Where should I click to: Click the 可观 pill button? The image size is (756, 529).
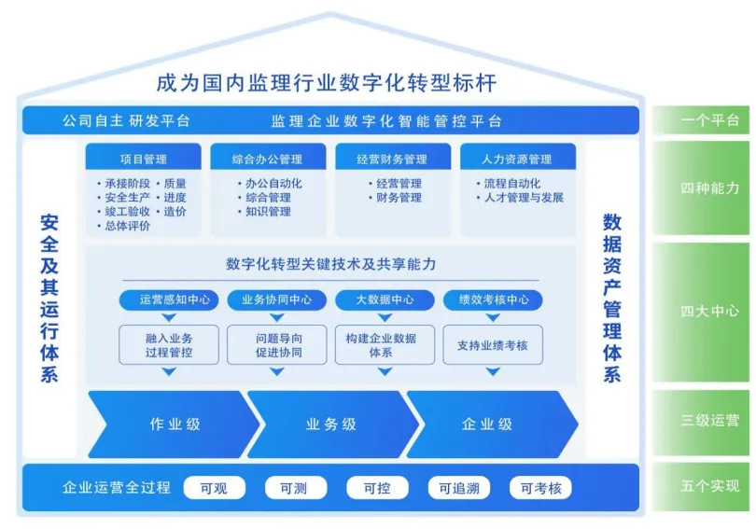(214, 487)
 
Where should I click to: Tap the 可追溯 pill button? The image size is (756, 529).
(459, 487)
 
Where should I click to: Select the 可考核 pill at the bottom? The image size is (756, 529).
(540, 487)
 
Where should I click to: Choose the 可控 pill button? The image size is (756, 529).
(377, 487)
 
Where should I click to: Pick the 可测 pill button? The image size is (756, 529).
(296, 487)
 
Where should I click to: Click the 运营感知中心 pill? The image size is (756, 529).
(169, 300)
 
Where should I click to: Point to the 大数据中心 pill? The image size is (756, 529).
(385, 300)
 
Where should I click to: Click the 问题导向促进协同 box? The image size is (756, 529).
(277, 344)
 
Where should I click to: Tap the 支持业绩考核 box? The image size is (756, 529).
(493, 344)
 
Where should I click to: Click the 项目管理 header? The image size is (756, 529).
(143, 159)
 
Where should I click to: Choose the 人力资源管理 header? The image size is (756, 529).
(516, 159)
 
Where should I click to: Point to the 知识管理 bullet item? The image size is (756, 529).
(268, 212)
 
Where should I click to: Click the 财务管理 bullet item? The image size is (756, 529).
(398, 198)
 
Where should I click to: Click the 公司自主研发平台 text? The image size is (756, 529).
(126, 121)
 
